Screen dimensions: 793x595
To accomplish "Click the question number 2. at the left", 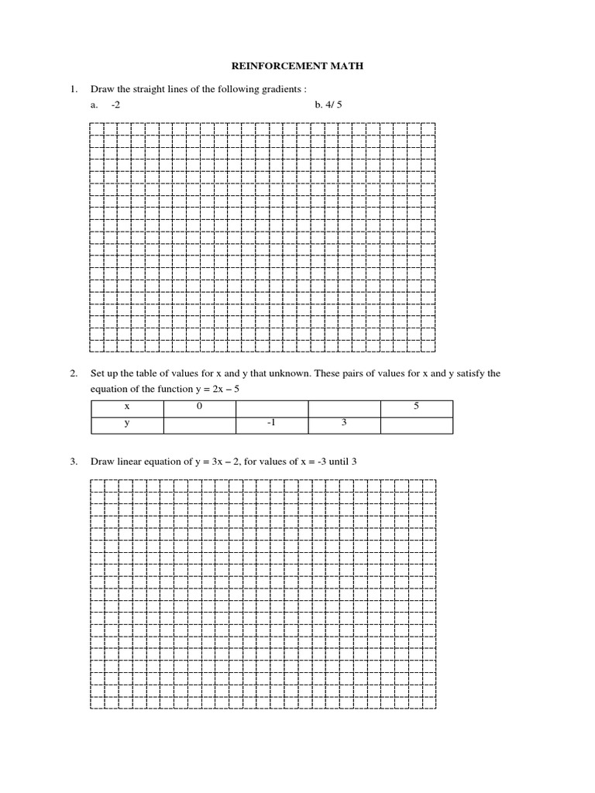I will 74,373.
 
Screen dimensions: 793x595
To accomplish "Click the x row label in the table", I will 127,407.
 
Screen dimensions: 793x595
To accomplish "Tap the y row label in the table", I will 127,424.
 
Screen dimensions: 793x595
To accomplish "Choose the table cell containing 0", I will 199,407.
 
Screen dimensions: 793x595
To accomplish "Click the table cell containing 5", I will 416,407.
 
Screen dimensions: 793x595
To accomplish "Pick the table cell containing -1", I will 272,424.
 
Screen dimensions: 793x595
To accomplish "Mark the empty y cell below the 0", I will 199,424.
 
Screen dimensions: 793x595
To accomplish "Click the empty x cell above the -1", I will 272,407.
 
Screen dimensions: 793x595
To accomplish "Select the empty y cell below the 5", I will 416,424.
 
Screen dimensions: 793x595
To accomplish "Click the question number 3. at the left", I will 74,462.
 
